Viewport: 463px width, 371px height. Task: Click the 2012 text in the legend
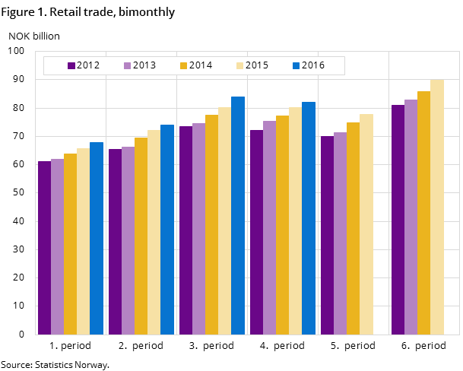[88, 65]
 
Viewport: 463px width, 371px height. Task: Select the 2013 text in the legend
[144, 65]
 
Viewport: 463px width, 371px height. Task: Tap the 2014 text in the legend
[201, 65]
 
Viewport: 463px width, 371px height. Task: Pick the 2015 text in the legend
[257, 65]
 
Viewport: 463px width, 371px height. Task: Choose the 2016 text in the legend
[313, 65]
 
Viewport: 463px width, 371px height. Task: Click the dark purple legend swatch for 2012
[71, 65]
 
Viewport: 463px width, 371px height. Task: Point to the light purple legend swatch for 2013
[128, 65]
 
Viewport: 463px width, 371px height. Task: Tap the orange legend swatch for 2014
[184, 65]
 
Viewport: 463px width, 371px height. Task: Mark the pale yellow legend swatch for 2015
[240, 65]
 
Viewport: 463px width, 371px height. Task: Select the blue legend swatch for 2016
[297, 65]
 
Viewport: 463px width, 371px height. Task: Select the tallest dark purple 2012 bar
[398, 220]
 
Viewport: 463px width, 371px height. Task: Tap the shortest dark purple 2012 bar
[44, 248]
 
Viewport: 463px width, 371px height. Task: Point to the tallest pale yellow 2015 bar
[437, 207]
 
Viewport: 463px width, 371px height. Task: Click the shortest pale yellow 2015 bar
[83, 241]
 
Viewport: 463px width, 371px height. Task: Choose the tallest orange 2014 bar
[423, 213]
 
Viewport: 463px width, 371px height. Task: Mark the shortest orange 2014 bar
[70, 244]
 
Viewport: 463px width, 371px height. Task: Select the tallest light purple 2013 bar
[411, 217]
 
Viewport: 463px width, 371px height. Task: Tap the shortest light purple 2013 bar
[57, 246]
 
